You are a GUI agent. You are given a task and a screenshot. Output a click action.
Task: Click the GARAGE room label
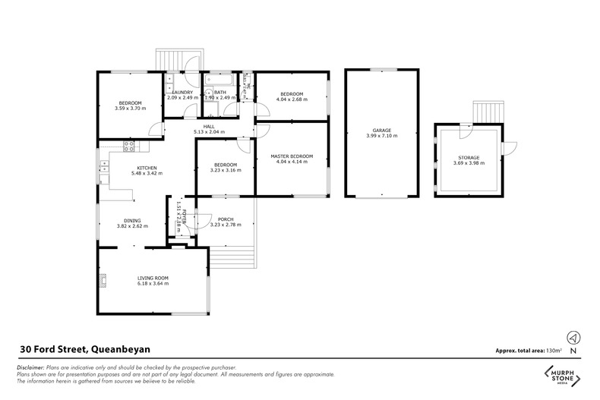click(x=381, y=130)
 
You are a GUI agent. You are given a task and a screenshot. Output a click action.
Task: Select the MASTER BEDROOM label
click(x=292, y=156)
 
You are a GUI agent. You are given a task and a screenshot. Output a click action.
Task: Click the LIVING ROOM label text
click(x=153, y=278)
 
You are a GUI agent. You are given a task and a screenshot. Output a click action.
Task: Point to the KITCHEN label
click(x=147, y=168)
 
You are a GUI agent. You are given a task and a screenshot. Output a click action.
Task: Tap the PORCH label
click(x=225, y=219)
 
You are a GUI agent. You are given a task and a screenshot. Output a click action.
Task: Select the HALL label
click(x=208, y=127)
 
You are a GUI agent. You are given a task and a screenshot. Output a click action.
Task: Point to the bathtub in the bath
click(x=220, y=79)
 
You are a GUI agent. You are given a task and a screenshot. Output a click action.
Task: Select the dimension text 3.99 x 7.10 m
click(x=381, y=136)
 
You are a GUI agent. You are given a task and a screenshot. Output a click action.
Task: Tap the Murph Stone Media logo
click(x=561, y=376)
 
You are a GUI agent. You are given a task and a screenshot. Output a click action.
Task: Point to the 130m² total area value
click(x=554, y=351)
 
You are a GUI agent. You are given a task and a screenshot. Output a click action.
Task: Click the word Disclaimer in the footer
click(x=30, y=367)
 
